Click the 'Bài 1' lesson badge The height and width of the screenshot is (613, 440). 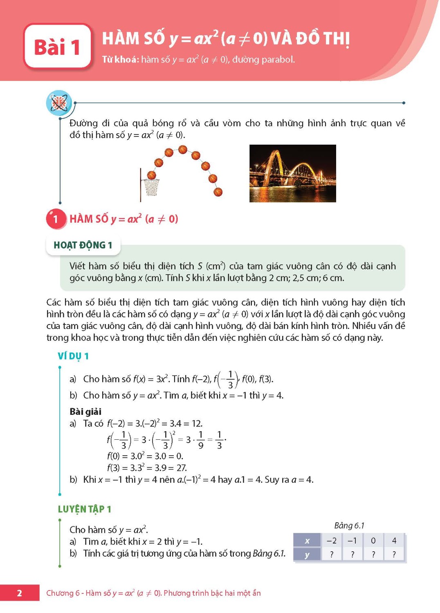(57, 46)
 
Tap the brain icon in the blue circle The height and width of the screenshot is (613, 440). (59, 103)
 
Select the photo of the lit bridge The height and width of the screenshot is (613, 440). (292, 173)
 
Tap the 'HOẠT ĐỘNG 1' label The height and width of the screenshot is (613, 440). (83, 245)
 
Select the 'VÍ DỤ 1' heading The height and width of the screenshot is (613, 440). (73, 356)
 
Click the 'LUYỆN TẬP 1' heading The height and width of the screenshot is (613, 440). (85, 509)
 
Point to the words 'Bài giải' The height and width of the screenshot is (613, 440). (85, 412)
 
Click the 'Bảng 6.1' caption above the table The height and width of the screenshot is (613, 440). (349, 526)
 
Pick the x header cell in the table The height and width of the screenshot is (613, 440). (307, 541)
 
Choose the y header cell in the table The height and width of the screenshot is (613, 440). (307, 555)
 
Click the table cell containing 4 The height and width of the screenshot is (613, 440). (394, 541)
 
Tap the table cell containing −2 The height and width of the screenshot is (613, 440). (332, 541)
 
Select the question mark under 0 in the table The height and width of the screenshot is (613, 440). (373, 555)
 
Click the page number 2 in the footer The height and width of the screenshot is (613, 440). (19, 593)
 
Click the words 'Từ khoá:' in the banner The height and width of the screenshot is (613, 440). (120, 60)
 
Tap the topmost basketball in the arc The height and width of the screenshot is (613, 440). (182, 149)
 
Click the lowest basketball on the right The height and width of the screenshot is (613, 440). (218, 192)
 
